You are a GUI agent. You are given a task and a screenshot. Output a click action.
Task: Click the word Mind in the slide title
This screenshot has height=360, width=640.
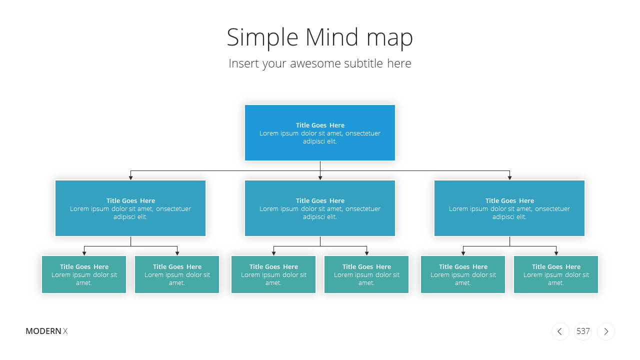click(x=331, y=37)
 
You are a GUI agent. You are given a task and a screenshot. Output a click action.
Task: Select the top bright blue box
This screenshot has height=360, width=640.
click(x=320, y=132)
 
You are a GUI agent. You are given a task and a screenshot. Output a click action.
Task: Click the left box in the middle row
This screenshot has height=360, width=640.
click(x=130, y=208)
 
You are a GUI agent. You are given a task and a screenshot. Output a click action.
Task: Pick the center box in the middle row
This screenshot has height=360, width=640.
click(x=320, y=208)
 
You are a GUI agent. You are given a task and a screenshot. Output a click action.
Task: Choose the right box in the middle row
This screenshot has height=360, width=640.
click(x=509, y=208)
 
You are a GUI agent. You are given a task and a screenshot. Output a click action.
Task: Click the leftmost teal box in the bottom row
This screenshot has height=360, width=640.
click(x=84, y=274)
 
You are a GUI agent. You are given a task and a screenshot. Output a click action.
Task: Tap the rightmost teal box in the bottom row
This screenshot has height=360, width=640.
click(x=556, y=274)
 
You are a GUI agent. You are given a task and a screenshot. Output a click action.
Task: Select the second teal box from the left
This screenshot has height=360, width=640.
click(x=177, y=274)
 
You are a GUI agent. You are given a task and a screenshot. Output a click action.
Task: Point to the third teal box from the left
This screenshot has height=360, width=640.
click(x=273, y=274)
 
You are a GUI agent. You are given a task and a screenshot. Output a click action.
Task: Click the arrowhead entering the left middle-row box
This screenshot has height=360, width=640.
click(x=131, y=177)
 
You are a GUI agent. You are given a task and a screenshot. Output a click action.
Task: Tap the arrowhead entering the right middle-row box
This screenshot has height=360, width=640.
click(x=509, y=177)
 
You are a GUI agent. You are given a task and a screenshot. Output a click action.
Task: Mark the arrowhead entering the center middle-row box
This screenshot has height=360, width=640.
click(x=320, y=177)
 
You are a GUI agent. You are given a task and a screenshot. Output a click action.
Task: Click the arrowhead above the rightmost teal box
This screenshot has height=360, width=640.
click(x=556, y=253)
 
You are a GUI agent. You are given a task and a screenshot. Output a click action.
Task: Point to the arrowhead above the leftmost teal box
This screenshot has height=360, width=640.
click(x=84, y=253)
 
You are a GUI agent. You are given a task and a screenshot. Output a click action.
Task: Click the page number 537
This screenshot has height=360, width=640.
click(x=583, y=331)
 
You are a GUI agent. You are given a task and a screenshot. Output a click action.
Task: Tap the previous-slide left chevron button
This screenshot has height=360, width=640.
click(x=560, y=331)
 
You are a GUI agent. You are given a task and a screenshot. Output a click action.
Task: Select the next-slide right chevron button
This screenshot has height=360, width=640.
click(x=606, y=331)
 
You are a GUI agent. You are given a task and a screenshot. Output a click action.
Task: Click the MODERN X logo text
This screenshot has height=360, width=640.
click(x=46, y=331)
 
